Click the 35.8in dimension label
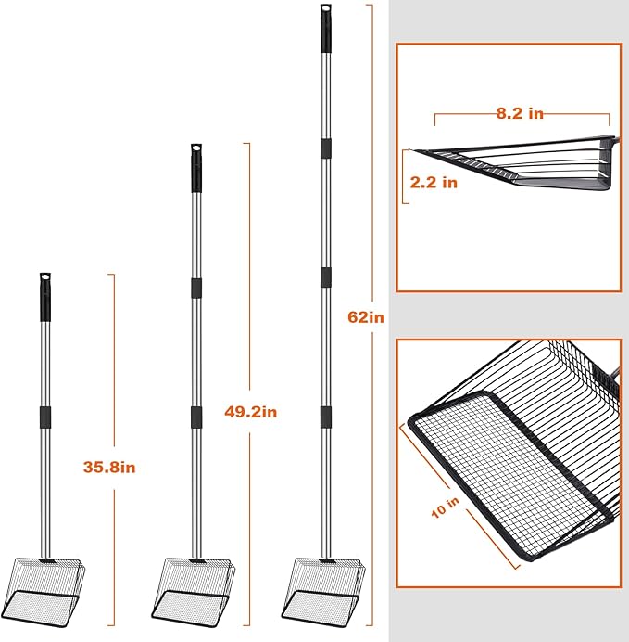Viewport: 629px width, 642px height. (109, 468)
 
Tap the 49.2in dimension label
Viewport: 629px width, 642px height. (250, 412)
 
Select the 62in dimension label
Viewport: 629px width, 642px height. (366, 317)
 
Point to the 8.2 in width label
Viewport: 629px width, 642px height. (520, 113)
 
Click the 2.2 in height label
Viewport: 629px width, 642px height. (434, 182)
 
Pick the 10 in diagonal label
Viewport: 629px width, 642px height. (446, 507)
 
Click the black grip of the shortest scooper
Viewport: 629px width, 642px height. (45, 297)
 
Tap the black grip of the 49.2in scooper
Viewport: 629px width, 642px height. (196, 168)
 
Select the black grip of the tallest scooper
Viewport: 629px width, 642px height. (326, 28)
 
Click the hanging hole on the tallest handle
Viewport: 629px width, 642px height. (326, 7)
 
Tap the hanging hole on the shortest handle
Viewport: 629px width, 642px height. (45, 276)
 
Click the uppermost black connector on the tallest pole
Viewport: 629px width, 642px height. (326, 148)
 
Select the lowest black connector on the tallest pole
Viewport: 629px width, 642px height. (326, 417)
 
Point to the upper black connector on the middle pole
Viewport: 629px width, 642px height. (196, 288)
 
